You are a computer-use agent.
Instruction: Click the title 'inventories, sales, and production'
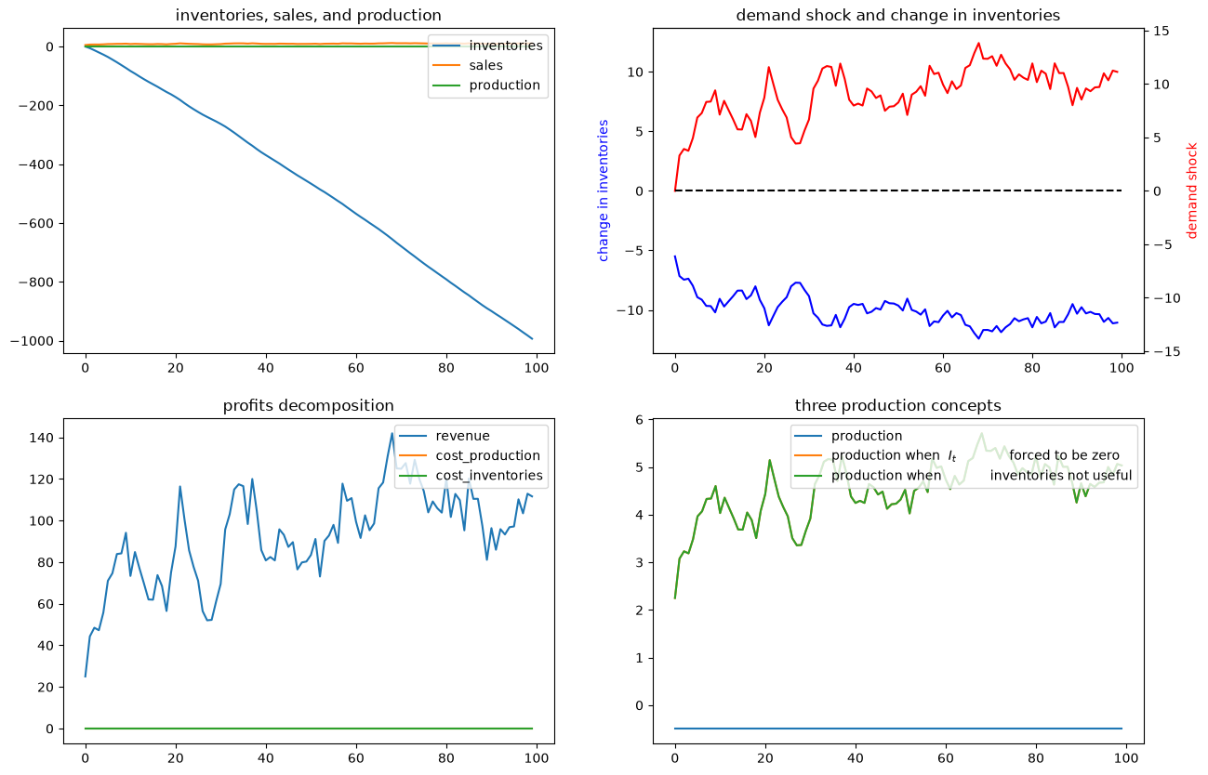309,15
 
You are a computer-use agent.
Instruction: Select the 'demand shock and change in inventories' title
898,15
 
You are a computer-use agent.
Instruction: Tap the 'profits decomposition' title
309,405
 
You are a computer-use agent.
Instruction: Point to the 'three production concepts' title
898,405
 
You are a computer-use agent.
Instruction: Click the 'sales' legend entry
485,65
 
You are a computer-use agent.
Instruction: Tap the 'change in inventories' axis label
603,190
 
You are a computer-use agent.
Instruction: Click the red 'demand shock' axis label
1192,190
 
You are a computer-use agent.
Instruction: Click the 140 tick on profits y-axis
42,438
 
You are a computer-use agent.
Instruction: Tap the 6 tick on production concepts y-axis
640,420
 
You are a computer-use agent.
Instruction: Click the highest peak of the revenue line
392,433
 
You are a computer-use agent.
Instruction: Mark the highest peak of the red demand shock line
978,43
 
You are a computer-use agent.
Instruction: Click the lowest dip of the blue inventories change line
978,338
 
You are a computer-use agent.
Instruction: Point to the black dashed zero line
898,190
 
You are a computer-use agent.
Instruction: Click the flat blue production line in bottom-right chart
898,729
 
